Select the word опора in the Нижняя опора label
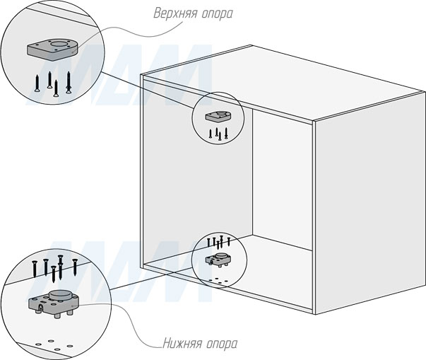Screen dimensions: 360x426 click(x=221, y=344)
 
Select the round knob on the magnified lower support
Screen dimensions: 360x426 click(x=59, y=296)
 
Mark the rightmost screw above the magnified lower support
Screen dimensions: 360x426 click(x=73, y=265)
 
